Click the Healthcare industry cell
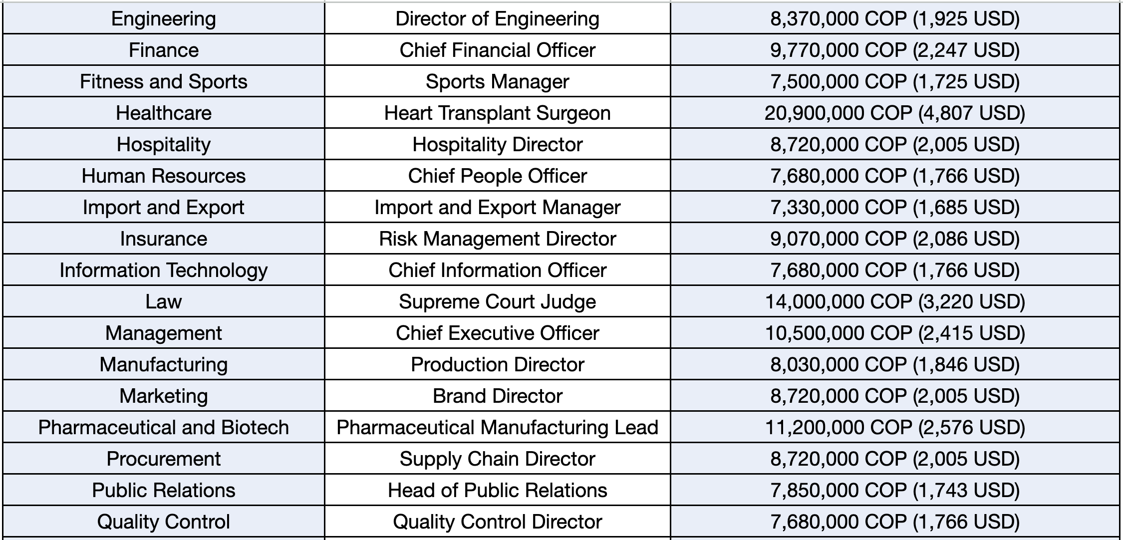click(x=164, y=113)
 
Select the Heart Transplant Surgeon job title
click(x=497, y=113)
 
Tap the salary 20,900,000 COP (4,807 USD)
click(x=894, y=113)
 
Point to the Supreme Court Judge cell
click(x=497, y=302)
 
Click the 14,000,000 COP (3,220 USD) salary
click(x=894, y=302)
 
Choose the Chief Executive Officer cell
click(x=497, y=333)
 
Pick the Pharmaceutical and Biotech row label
click(x=164, y=428)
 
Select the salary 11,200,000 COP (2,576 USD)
click(x=894, y=428)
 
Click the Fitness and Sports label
click(x=164, y=82)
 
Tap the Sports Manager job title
click(x=497, y=82)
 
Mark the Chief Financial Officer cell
click(x=497, y=50)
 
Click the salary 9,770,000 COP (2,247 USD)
click(x=894, y=50)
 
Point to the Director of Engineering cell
click(x=497, y=19)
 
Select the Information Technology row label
click(x=164, y=270)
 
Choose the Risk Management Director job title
click(x=497, y=239)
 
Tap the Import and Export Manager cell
click(x=497, y=208)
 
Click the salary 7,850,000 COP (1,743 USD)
click(x=894, y=491)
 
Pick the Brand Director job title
click(x=497, y=396)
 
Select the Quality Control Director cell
click(x=497, y=522)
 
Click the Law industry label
click(x=164, y=302)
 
